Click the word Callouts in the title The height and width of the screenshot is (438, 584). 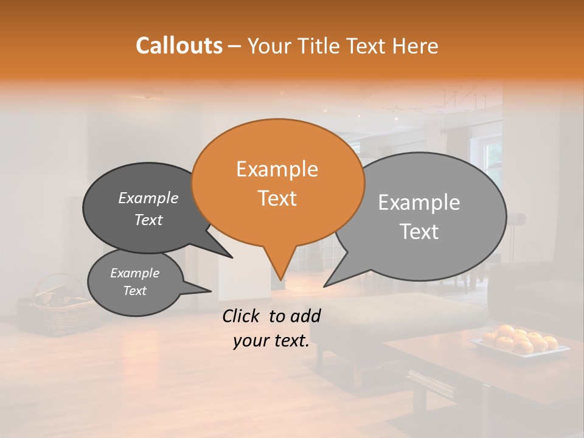click(x=179, y=46)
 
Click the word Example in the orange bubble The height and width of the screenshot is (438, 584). click(x=277, y=169)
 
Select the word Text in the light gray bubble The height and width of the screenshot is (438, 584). click(x=419, y=232)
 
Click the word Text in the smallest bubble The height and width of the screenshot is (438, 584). click(x=135, y=291)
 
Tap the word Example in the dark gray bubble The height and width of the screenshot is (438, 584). click(x=148, y=198)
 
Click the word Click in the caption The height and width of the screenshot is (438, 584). click(x=242, y=316)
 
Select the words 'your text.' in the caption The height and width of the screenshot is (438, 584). click(x=271, y=341)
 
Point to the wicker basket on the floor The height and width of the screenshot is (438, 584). click(x=58, y=310)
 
